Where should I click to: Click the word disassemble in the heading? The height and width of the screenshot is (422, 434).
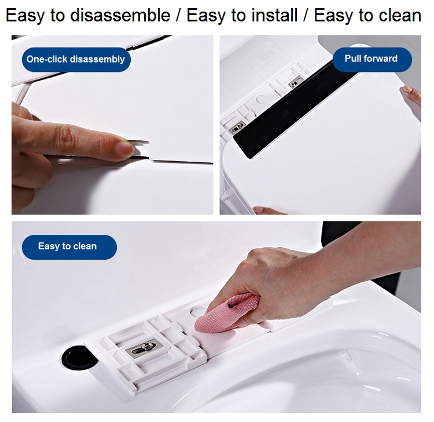(120, 15)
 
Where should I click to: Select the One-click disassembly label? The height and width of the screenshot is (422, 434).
(76, 59)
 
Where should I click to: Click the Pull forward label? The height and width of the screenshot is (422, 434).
(372, 59)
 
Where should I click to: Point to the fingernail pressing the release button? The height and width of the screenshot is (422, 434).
(123, 148)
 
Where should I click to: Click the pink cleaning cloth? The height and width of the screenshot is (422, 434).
(227, 312)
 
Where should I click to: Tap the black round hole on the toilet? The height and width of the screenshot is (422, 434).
(78, 358)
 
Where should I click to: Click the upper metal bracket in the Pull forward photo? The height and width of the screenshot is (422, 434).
(295, 82)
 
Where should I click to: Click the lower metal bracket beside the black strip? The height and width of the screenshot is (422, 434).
(237, 128)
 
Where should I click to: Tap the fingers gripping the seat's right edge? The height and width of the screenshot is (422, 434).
(412, 96)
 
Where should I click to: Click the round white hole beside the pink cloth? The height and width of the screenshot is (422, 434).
(199, 311)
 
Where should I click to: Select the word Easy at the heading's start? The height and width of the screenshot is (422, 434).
(25, 16)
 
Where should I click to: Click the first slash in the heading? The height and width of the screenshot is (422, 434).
(179, 15)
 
